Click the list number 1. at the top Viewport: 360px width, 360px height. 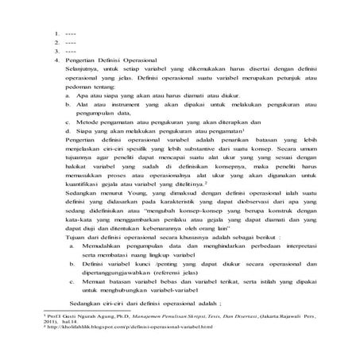point(57,33)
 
